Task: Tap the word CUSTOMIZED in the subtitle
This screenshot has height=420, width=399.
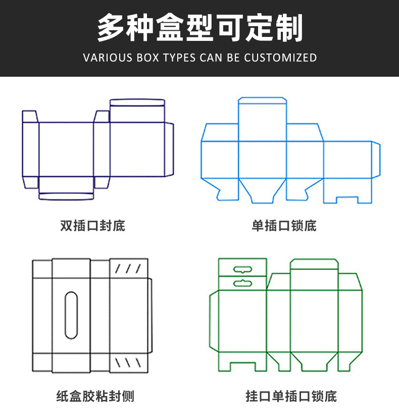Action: tap(280, 58)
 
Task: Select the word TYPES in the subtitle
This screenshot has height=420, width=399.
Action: tap(179, 58)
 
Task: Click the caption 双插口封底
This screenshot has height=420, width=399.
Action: tap(92, 225)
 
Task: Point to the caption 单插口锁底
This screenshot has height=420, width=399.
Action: tap(284, 225)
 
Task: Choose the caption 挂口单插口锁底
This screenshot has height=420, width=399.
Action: tap(291, 396)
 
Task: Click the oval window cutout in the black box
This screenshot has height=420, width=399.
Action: tap(71, 313)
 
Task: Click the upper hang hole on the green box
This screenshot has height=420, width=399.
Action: tap(242, 269)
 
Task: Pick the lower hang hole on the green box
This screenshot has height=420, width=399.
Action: tap(242, 283)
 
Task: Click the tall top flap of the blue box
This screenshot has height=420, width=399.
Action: tap(262, 119)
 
